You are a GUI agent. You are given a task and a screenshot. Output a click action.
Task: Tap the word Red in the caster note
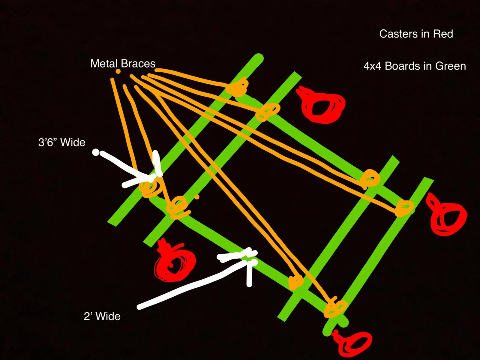tap(443, 34)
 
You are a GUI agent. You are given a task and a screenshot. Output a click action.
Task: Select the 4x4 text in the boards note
tap(373, 66)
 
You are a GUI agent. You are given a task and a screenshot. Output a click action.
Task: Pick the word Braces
tap(138, 64)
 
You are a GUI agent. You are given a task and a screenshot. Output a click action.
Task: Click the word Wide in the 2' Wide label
tap(108, 316)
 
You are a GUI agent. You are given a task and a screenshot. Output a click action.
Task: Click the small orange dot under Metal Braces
tap(118, 71)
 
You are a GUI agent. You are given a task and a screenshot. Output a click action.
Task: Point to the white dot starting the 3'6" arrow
tap(96, 152)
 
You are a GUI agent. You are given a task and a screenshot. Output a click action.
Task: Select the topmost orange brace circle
tap(237, 87)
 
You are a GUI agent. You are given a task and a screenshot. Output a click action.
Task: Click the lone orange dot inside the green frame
tap(197, 197)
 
